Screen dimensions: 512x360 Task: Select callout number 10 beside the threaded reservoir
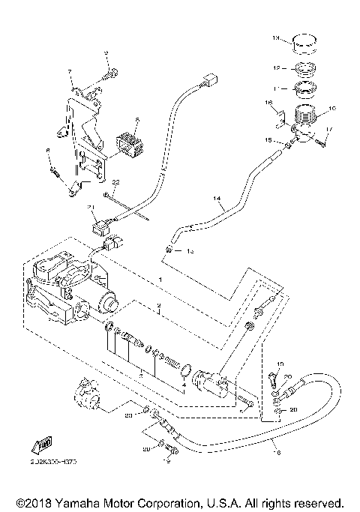click(x=332, y=108)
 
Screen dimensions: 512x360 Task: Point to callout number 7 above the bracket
click(x=70, y=71)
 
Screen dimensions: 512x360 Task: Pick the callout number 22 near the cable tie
click(x=115, y=183)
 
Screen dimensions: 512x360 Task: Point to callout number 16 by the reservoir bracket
click(x=268, y=102)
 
